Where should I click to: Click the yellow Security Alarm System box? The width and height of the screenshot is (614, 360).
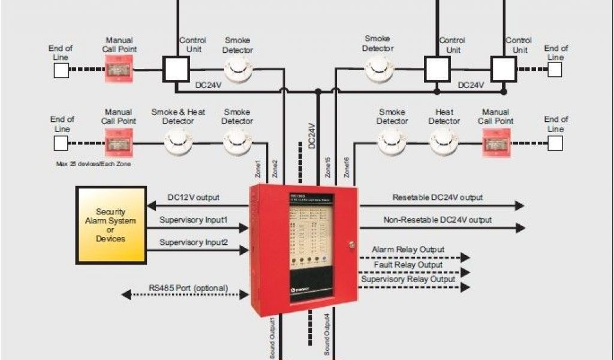click(111, 225)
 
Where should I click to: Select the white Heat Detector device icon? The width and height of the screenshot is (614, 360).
click(444, 143)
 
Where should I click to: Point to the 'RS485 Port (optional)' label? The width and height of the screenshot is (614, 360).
click(188, 288)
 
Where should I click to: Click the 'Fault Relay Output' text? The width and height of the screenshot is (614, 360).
click(408, 265)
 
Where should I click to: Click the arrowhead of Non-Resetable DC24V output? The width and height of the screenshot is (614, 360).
click(520, 228)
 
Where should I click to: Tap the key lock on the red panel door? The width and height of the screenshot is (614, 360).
click(352, 245)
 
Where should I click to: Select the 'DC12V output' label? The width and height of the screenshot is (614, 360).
click(193, 197)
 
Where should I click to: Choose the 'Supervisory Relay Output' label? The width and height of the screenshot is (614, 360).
click(408, 279)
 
